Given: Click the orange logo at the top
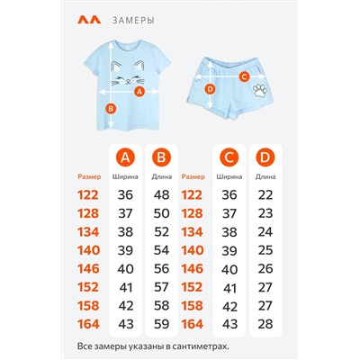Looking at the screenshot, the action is coord(89,20).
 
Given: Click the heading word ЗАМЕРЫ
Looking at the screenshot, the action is coord(134,21).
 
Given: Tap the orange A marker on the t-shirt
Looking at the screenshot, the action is coord(139,92).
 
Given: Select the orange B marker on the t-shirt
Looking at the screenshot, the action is coord(111,109).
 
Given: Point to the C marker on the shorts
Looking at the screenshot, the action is coord(245,76).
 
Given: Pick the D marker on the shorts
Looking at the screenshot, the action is coord(210,89).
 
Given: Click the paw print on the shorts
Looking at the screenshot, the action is coord(260,90).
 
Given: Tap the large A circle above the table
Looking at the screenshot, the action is coord(125,157).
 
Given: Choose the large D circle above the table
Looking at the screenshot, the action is coord(265,157).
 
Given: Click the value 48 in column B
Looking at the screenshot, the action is coord(161,195).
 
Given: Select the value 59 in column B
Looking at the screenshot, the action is coord(161,324).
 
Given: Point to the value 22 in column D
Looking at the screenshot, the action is coord(265,195).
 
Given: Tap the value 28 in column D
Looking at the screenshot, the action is coord(265,324).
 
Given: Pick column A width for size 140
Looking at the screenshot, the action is coord(125,250).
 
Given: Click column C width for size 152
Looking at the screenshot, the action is coord(229,288).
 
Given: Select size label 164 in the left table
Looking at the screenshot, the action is coord(88,324).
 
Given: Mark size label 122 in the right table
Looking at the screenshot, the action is coord(192,195).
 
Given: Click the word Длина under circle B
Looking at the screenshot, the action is coord(162,177).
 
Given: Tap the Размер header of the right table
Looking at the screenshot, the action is coord(193,177).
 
